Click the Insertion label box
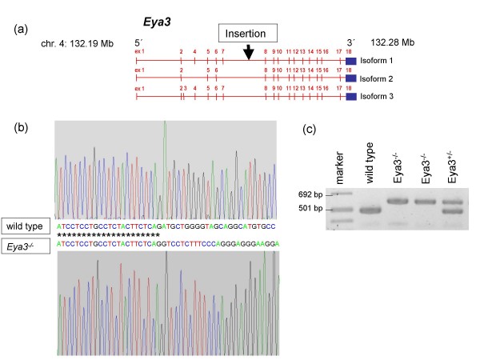pos(248,34)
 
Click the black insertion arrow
pos(249,52)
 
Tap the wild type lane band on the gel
pos(371,211)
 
